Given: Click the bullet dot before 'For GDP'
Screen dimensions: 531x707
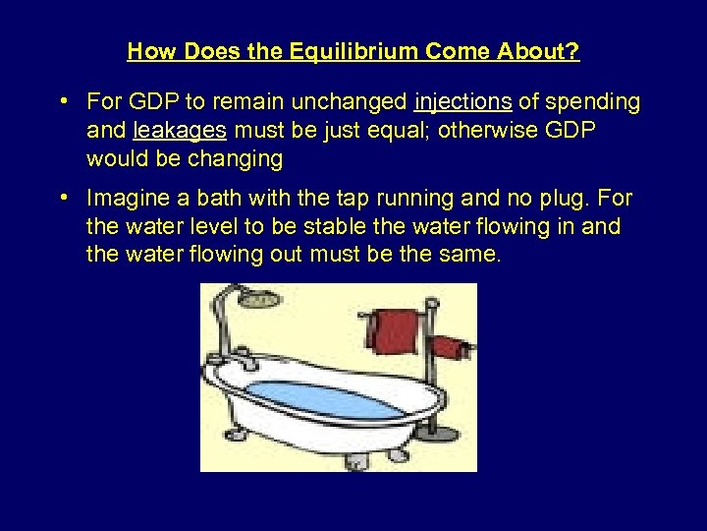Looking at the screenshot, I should pos(63,101).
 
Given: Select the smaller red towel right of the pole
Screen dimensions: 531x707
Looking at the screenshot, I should pos(449,346).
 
